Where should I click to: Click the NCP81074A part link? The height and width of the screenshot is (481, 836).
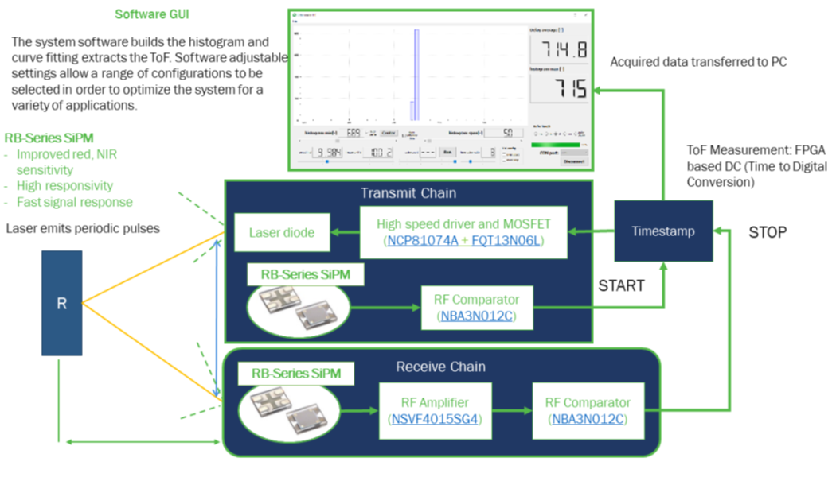420,240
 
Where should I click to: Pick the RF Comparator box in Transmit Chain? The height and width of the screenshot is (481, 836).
476,307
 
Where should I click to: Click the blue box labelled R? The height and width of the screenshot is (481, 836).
61,303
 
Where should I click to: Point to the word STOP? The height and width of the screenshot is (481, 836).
768,233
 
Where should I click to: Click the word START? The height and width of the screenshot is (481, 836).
621,285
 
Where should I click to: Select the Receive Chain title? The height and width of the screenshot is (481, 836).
440,367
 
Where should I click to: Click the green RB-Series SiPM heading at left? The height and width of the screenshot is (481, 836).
49,138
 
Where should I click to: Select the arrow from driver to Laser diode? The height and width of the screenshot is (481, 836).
344,233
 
